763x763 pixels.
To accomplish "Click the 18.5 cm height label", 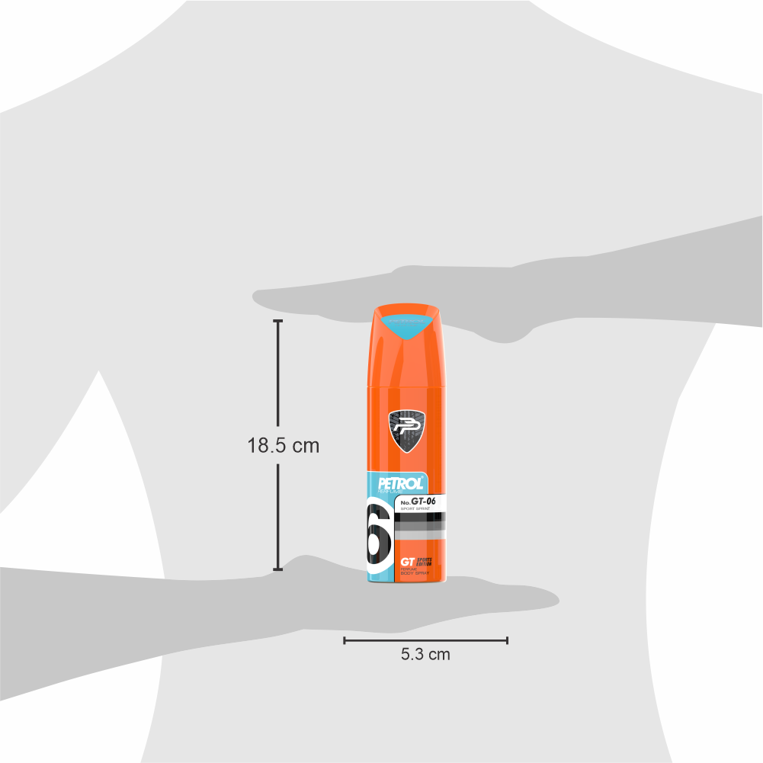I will point(283,446).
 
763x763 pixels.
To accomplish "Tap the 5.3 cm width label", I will point(425,653).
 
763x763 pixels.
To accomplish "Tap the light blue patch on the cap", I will point(408,323).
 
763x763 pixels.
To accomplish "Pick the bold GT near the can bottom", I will point(408,562).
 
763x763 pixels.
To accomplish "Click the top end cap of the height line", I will point(277,322).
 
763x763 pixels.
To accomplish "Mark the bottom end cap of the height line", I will point(277,569).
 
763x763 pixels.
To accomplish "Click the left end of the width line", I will point(345,640).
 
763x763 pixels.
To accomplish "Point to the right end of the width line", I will point(508,640).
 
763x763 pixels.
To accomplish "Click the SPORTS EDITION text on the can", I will point(431,561).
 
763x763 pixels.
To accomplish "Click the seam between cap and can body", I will point(408,386).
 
